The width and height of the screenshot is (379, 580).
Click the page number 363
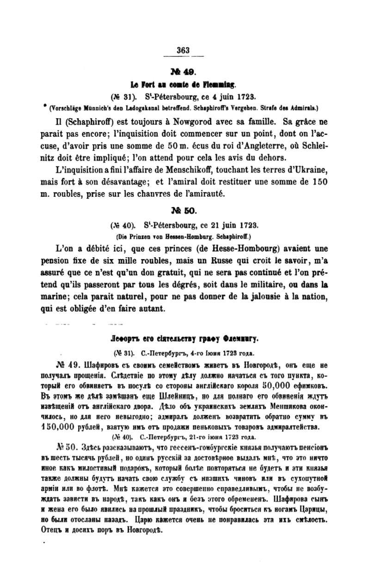(x=183, y=50)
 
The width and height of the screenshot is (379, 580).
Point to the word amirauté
(x=205, y=194)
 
